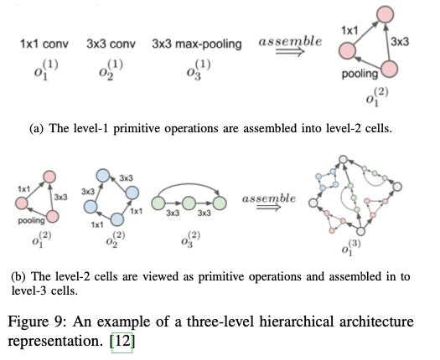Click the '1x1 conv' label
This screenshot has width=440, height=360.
point(44,44)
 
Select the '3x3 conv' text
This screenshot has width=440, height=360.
point(111,44)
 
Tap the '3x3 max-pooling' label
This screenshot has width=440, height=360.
point(197,44)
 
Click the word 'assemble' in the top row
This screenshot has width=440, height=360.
point(290,42)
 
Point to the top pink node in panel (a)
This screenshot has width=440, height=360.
point(386,14)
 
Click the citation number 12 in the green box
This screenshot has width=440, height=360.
point(122,341)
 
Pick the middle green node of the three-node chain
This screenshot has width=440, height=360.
point(189,203)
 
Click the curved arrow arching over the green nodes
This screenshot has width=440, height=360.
point(189,184)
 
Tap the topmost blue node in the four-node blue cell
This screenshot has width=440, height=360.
point(103,176)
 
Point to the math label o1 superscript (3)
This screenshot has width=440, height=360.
point(351,247)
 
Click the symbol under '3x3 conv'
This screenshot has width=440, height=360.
point(111,70)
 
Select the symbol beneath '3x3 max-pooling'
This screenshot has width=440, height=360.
point(199,70)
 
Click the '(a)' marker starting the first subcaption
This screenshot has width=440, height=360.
point(37,129)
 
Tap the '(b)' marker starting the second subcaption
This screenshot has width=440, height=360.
point(18,277)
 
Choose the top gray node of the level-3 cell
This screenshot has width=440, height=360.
point(343,160)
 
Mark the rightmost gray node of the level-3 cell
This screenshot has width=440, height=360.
point(397,187)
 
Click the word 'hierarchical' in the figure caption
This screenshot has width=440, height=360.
point(296,321)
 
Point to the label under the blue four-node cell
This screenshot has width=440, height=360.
point(116,240)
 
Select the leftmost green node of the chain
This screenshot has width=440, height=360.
point(158,203)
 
